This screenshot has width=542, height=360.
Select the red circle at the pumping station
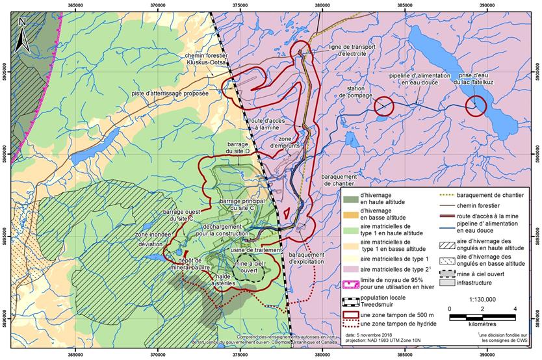(383, 106)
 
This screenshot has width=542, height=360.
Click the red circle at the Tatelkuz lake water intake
(476, 106)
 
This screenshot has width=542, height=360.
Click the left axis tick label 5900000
(5, 156)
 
